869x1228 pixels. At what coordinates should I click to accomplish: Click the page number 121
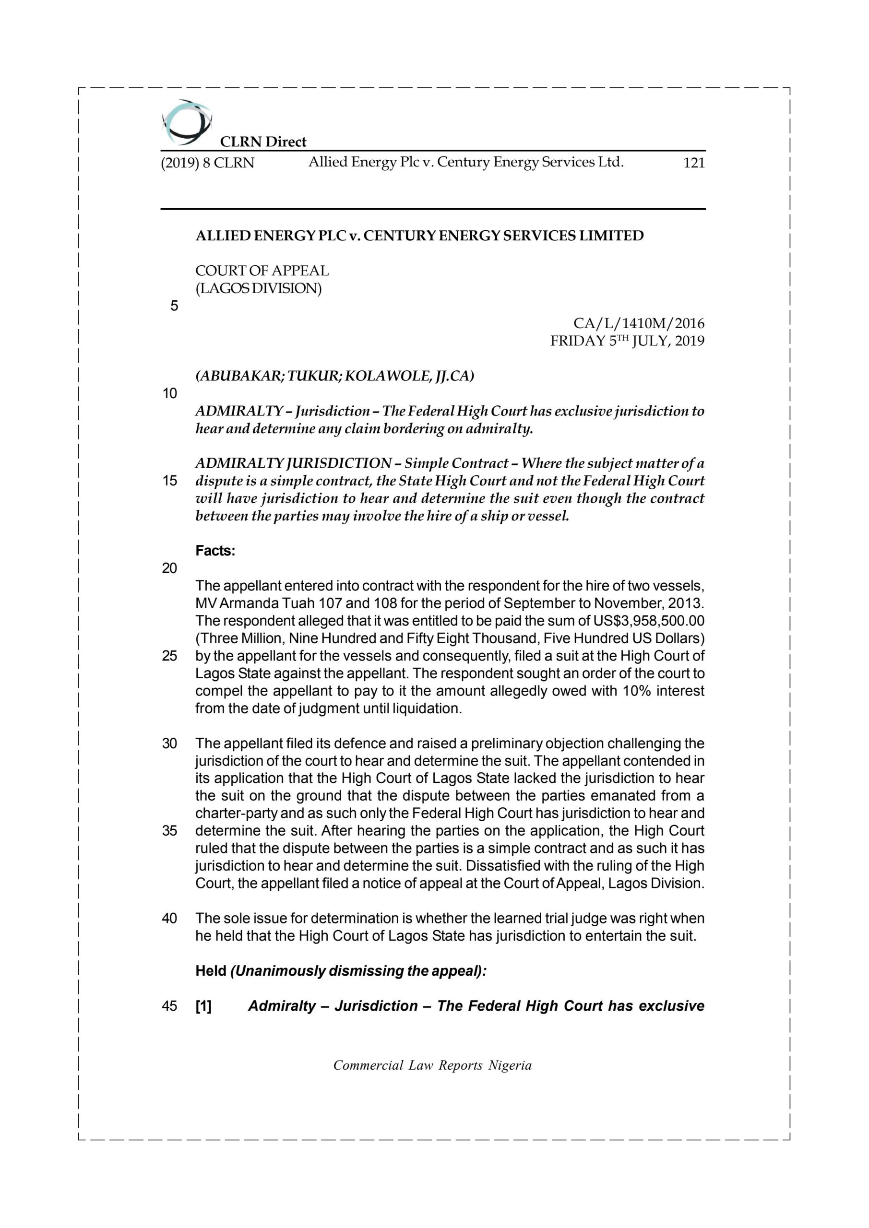[693, 163]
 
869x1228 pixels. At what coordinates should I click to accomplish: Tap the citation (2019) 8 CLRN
[208, 163]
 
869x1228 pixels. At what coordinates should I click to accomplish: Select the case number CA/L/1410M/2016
[638, 324]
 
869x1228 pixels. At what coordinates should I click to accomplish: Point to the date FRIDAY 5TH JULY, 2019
[627, 341]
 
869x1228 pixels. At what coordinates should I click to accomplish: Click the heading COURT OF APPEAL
[262, 271]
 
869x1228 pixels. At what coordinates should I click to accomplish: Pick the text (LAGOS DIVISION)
[259, 288]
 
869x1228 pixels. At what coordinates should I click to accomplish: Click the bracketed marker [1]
[203, 1006]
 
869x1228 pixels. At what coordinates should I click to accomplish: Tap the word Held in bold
[210, 971]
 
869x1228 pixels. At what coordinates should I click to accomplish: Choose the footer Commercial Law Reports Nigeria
[432, 1065]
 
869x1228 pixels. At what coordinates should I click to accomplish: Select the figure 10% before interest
[636, 691]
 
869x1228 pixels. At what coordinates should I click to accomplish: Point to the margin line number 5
[174, 306]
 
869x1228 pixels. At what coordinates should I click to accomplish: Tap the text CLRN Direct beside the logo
[263, 142]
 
